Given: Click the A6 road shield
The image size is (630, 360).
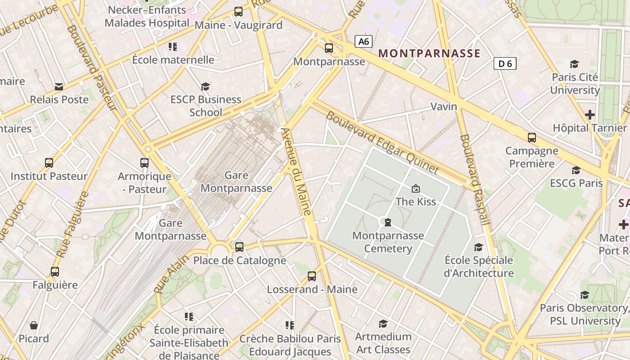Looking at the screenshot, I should [x=364, y=41].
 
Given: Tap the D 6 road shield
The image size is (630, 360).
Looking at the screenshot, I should [x=505, y=63].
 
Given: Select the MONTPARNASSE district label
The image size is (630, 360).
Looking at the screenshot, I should [x=429, y=54].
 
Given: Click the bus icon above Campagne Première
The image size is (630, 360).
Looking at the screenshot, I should [x=532, y=138].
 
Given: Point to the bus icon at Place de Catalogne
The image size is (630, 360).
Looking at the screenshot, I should [x=239, y=247].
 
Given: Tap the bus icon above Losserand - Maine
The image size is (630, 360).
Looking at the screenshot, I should [x=312, y=276].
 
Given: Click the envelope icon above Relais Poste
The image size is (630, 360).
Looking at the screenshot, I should [x=59, y=86].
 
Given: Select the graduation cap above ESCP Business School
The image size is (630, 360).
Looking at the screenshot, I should [x=206, y=86].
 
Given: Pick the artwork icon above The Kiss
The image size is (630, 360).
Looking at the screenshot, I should [x=415, y=188].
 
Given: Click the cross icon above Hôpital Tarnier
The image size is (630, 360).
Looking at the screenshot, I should [x=589, y=115].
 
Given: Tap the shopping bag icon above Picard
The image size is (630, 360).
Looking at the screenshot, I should [x=34, y=325].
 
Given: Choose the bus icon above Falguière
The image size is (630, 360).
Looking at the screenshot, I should [x=55, y=272].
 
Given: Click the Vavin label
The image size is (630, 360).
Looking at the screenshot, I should [x=444, y=107].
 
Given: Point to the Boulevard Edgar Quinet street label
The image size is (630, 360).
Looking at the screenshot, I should [x=382, y=142].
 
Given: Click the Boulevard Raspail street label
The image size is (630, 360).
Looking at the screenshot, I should [x=474, y=179].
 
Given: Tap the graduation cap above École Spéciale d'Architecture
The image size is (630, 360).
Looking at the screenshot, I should [x=478, y=247].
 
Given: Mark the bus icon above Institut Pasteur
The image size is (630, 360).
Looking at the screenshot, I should [x=49, y=163].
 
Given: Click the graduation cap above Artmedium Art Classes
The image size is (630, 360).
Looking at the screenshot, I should [x=383, y=324].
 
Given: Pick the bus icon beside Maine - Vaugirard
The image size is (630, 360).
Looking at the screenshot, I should [x=238, y=12].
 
